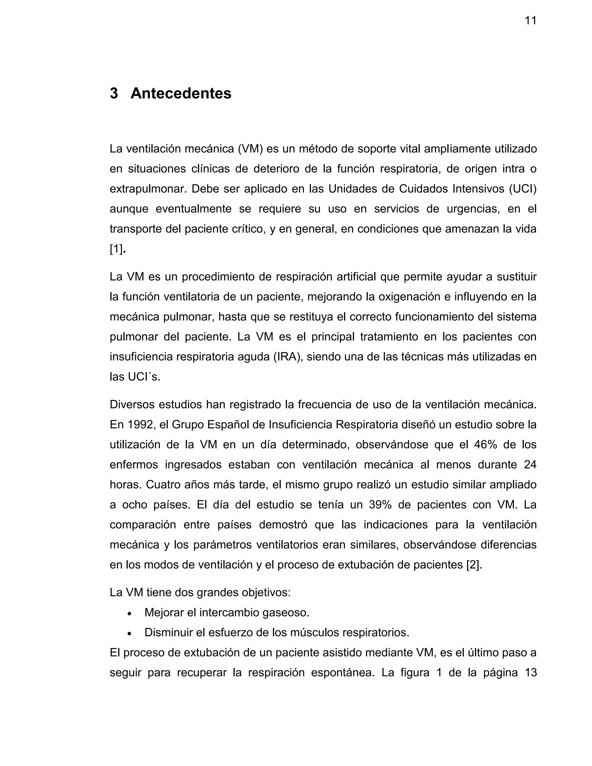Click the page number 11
tap(530, 21)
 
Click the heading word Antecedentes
tap(181, 93)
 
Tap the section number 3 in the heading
tap(114, 93)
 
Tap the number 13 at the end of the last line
tap(530, 673)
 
